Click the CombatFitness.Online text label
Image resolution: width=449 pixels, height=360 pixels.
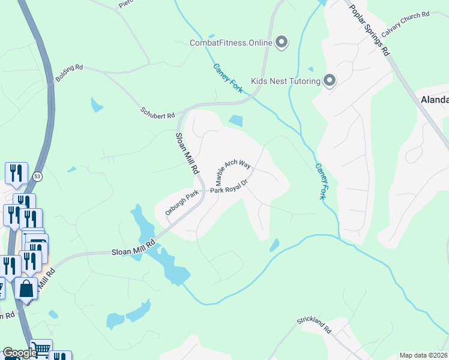click(x=231, y=42)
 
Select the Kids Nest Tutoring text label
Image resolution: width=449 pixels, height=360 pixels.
click(x=285, y=80)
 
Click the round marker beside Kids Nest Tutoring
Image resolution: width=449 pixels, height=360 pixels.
click(x=330, y=80)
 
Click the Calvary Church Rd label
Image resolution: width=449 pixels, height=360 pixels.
click(x=405, y=23)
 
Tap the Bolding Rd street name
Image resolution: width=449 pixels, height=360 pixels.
click(x=69, y=74)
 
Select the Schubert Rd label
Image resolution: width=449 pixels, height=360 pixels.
click(x=157, y=112)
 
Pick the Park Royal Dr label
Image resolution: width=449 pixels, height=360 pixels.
click(x=229, y=187)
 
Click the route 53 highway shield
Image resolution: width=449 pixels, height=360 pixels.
click(x=38, y=176)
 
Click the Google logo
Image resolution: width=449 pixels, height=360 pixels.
click(x=20, y=353)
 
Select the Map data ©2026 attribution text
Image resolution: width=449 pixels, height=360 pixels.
click(x=423, y=355)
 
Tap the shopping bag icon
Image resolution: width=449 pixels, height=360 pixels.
click(x=26, y=289)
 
